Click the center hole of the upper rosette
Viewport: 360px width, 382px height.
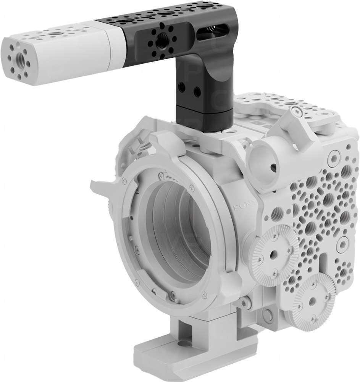pyautogui.click(x=273, y=253)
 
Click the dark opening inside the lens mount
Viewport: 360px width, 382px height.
pyautogui.click(x=179, y=229)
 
